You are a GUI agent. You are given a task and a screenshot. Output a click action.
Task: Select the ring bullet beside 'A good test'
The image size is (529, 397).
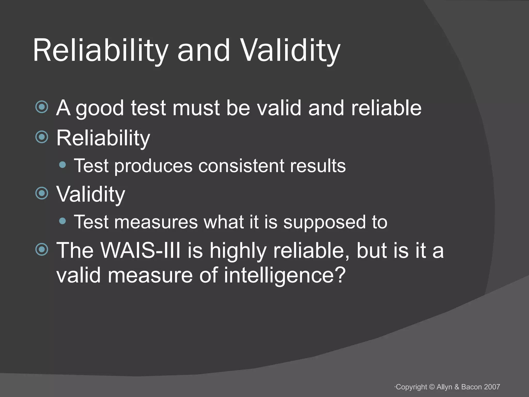pos(42,107)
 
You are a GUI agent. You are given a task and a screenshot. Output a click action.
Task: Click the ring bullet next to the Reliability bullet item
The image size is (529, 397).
pos(42,137)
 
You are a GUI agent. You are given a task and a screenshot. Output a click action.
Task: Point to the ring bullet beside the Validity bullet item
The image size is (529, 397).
pos(42,193)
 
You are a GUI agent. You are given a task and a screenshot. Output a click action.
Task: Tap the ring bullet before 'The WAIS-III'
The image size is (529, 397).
pos(42,249)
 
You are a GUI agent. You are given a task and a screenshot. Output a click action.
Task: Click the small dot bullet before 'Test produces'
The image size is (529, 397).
pos(62,165)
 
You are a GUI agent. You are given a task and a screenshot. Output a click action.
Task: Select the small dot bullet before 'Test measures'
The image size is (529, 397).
pos(62,221)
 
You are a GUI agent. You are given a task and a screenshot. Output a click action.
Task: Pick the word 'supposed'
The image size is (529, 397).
pos(324,222)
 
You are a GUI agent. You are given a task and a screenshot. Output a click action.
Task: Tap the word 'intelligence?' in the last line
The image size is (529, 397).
pos(284,276)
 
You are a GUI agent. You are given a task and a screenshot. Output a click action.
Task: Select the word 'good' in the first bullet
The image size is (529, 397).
pos(100,109)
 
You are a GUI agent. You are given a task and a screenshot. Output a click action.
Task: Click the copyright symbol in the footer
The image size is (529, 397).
pos(432,387)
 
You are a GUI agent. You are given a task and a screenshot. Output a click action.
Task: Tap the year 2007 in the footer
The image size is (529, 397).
pos(492,387)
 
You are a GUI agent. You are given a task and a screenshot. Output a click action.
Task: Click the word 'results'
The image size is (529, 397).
pos(317,166)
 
